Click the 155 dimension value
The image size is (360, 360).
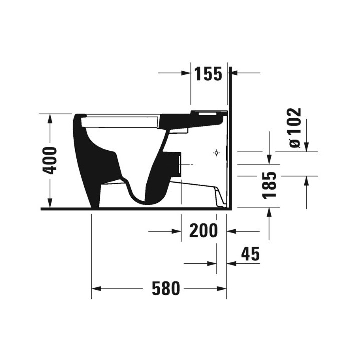(208, 74)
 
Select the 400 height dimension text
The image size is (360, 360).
(50, 160)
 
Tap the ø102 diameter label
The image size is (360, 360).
(295, 128)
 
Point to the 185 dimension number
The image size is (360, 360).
(270, 184)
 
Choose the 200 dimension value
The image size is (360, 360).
(203, 231)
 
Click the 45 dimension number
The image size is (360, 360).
(250, 254)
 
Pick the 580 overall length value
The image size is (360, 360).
(165, 289)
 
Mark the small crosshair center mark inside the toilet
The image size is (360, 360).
(216, 153)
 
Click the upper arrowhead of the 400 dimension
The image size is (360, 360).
(50, 118)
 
